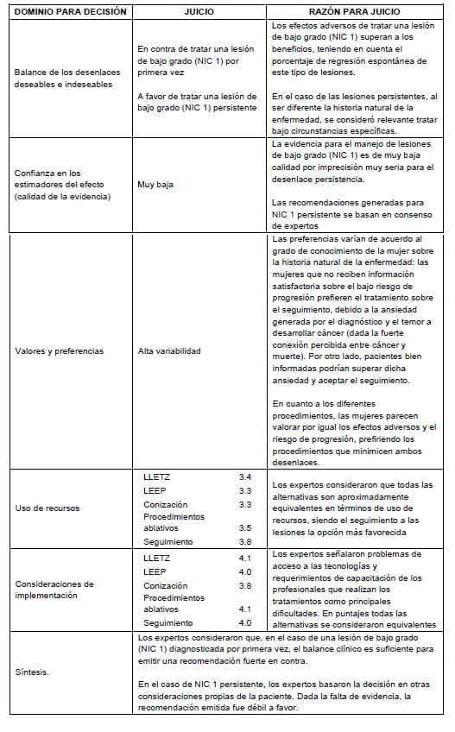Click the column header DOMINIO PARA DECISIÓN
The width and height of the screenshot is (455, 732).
click(70, 12)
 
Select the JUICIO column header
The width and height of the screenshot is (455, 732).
click(200, 12)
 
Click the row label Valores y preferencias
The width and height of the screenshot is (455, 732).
click(60, 351)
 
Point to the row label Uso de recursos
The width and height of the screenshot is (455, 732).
click(47, 508)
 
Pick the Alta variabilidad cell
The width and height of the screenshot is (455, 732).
click(169, 351)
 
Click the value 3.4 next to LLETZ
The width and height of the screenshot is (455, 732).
click(244, 476)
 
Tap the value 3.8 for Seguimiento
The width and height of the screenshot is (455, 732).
click(244, 542)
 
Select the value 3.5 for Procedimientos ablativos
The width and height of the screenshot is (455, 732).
click(244, 527)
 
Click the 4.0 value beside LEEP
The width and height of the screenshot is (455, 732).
click(244, 571)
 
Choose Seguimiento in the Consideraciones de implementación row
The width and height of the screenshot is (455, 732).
click(168, 622)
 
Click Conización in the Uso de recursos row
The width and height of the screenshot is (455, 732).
click(164, 504)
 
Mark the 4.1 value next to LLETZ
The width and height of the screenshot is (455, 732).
click(244, 558)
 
